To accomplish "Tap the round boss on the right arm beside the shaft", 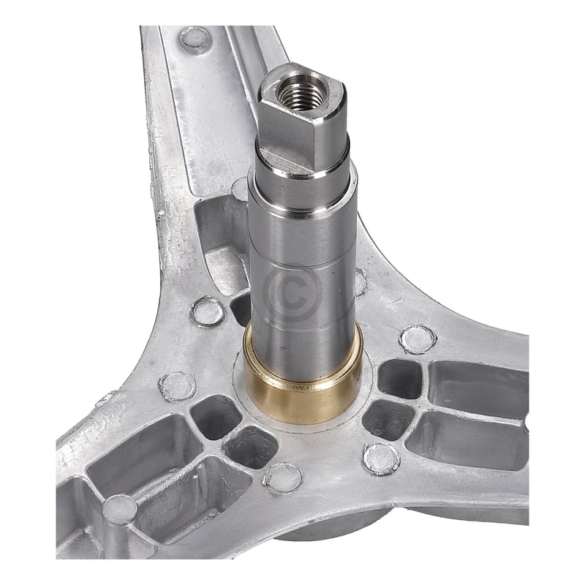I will coord(418,339).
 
